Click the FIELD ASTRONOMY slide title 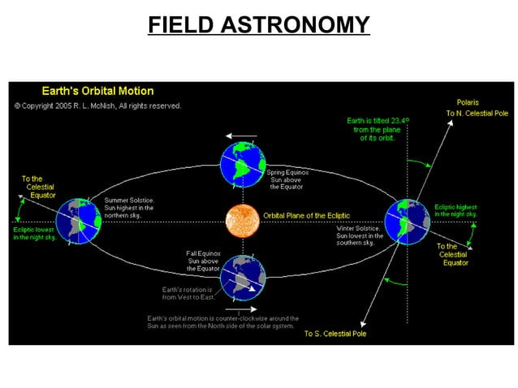258,24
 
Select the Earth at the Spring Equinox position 241,165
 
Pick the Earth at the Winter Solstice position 407,220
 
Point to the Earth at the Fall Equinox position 242,277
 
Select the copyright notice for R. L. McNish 97,106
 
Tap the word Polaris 467,102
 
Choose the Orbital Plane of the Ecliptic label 306,215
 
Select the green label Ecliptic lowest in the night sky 34,233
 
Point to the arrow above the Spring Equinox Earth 241,136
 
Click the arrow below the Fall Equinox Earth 241,308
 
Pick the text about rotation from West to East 187,294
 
